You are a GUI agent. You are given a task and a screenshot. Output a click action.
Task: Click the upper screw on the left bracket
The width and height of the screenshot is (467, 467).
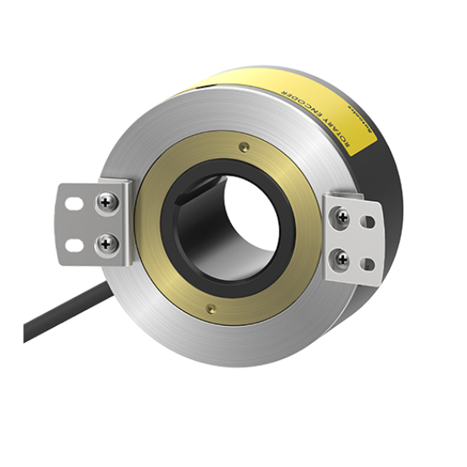click(108, 202)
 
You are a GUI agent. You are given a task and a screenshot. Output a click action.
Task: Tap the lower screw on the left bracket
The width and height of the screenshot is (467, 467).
click(108, 242)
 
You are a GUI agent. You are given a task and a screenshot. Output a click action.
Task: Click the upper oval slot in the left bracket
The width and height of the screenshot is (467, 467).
click(72, 203)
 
